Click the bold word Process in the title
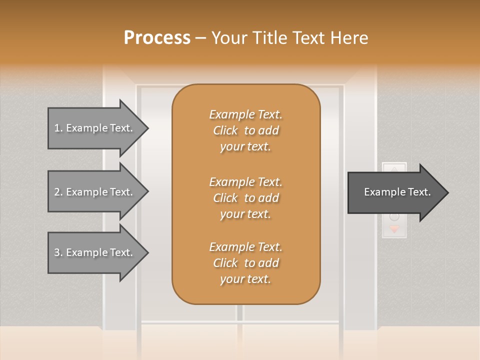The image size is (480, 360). pyautogui.click(x=157, y=38)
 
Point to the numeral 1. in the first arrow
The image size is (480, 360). pyautogui.click(x=58, y=128)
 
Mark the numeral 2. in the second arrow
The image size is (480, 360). pyautogui.click(x=58, y=192)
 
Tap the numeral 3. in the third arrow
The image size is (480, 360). pyautogui.click(x=58, y=252)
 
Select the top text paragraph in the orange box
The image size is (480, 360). pyautogui.click(x=245, y=130)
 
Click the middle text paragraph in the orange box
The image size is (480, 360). pyautogui.click(x=245, y=197)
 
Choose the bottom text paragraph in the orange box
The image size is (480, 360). pyautogui.click(x=245, y=263)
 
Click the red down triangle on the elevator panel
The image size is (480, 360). pyautogui.click(x=394, y=229)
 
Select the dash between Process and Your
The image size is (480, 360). pyautogui.click(x=200, y=38)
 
